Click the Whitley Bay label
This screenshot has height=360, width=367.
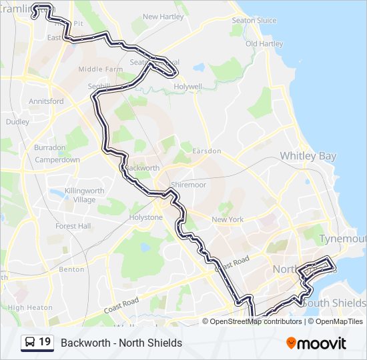308,155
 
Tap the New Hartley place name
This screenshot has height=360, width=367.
159,17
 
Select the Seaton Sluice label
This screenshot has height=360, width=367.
254,21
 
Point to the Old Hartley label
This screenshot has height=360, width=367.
264,44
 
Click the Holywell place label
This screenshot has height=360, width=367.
188,87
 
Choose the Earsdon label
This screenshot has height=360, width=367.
206,151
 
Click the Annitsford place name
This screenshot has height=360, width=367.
46,101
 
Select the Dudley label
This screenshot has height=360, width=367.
17,122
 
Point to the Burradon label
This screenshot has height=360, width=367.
50,147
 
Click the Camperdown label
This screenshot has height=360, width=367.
57,160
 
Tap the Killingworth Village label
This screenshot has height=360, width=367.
85,195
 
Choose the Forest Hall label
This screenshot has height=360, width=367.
73,226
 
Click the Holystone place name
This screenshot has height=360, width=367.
146,217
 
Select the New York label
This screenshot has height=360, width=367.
228,219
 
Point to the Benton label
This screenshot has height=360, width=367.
71,269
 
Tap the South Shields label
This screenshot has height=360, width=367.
334,303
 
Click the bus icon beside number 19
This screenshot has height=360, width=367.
30,342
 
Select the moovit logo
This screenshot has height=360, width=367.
316,343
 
